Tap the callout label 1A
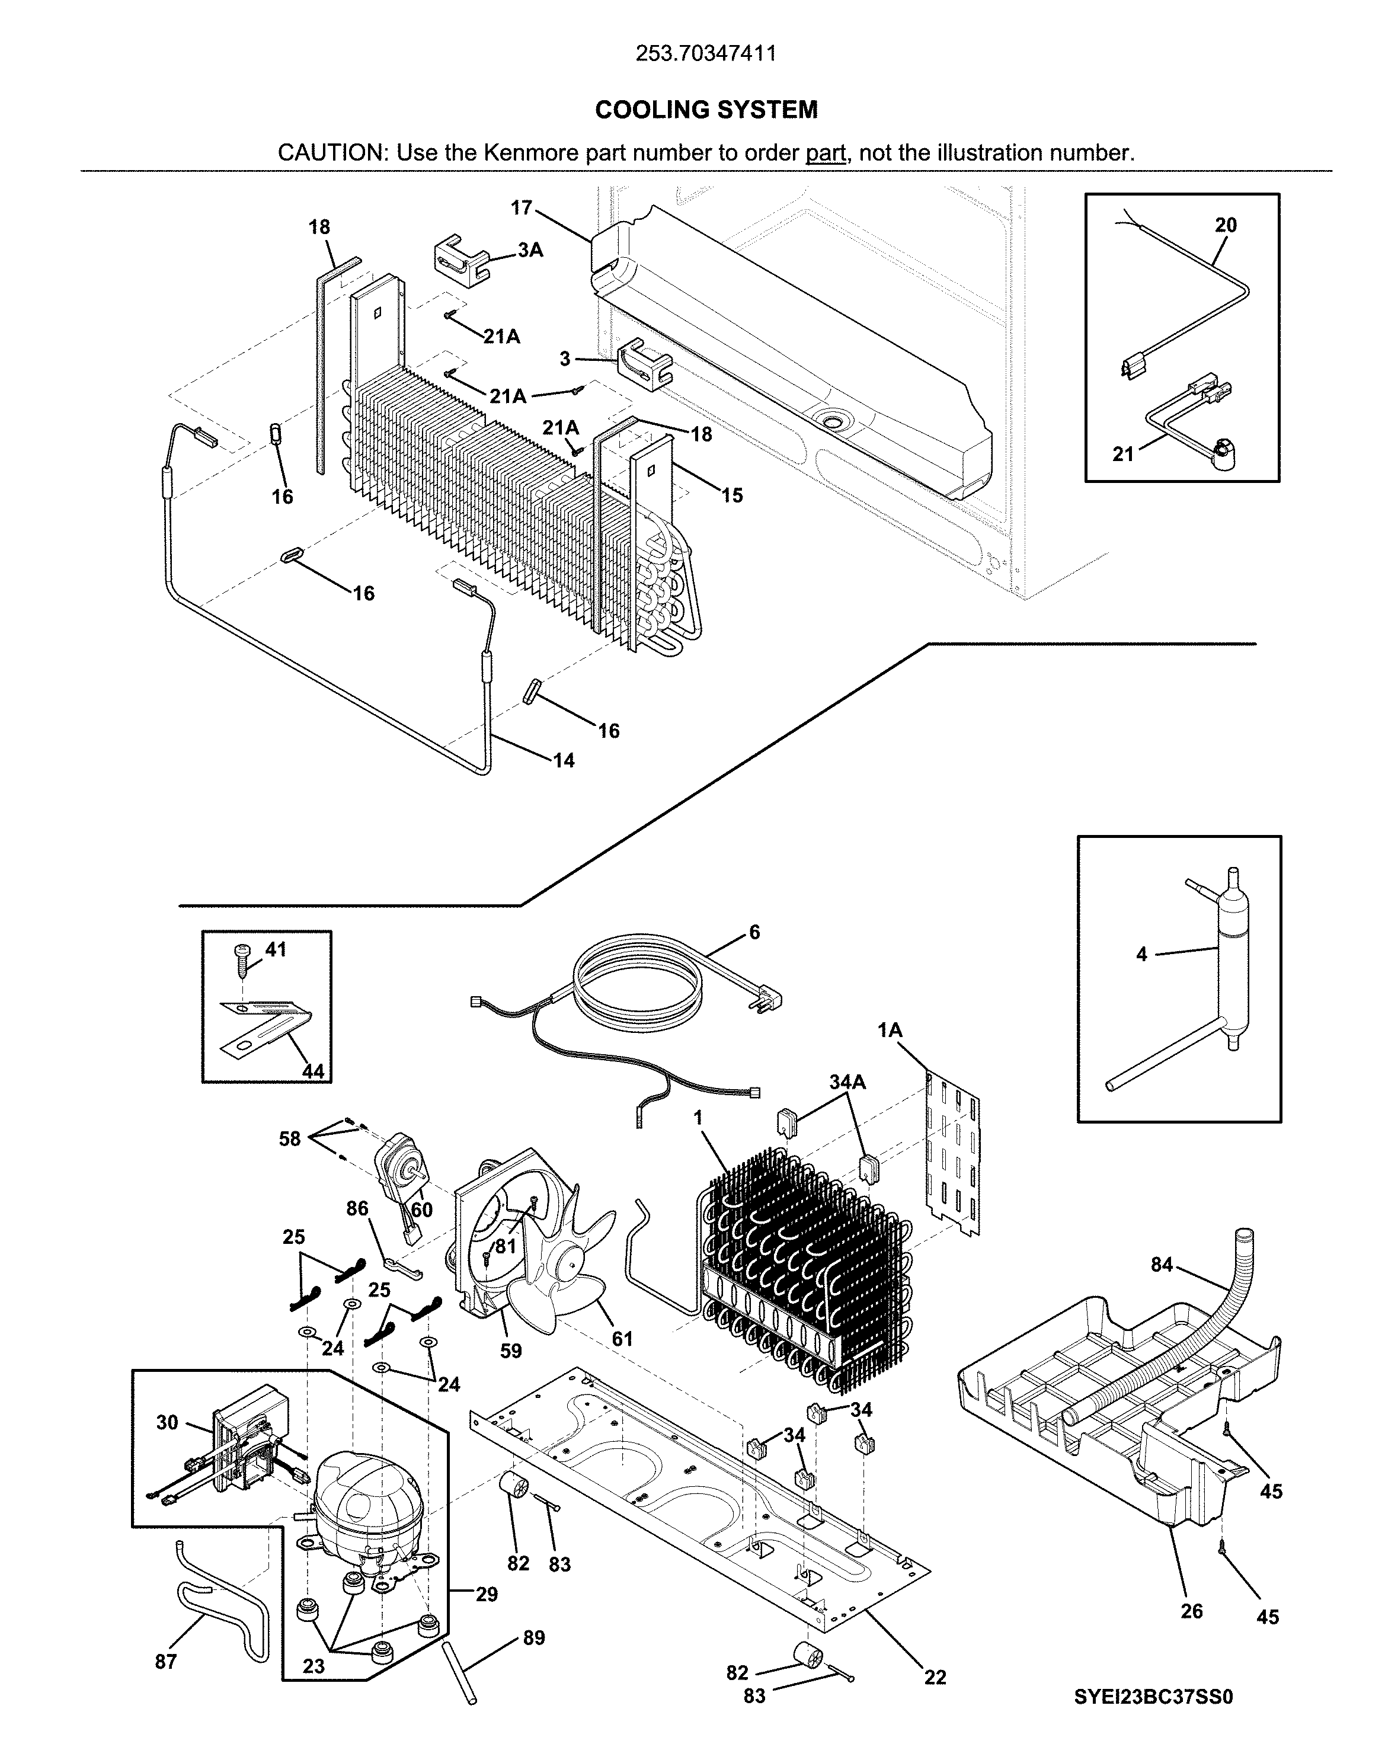click(890, 1030)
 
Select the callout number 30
click(167, 1422)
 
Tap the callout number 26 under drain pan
click(1191, 1611)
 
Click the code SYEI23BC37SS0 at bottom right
click(1153, 1691)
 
